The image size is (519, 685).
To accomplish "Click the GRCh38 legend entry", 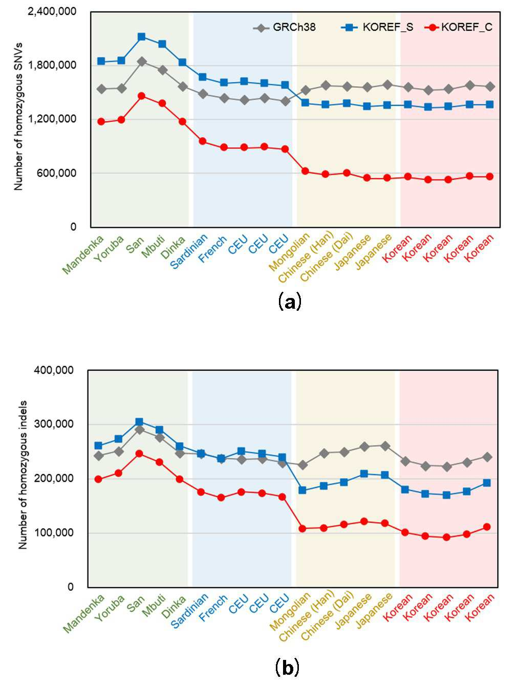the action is (x=284, y=28).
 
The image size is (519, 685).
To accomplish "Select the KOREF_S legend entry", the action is (x=377, y=28).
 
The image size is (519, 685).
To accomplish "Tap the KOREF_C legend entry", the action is (x=459, y=28).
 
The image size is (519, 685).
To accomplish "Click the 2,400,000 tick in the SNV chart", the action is (x=52, y=12).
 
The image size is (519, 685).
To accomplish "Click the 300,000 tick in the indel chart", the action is (x=54, y=424).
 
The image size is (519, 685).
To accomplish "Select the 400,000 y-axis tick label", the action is (x=54, y=370).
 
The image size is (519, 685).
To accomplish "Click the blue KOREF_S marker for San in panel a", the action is (x=142, y=37).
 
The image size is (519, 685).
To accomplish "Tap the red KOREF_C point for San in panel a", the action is (x=142, y=96).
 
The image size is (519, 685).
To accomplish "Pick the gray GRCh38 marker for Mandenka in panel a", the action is (x=101, y=89).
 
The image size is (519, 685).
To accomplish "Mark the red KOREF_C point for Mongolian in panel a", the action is (x=305, y=171).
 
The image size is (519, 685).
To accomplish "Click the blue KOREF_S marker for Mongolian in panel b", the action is (x=302, y=490).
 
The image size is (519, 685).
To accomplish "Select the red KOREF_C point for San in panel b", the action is (x=139, y=454).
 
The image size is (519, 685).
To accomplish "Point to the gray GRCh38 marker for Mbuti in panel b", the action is (x=160, y=438).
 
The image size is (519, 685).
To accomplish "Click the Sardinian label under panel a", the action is (x=189, y=251).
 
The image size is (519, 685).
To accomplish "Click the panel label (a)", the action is (x=290, y=302).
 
